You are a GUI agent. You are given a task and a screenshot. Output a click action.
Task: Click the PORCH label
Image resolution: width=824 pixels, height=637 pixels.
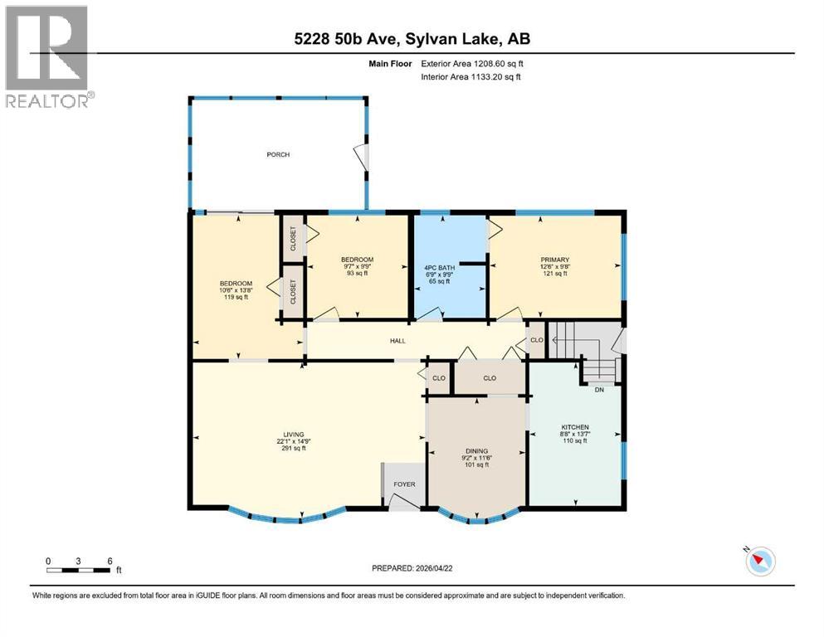coord(278,155)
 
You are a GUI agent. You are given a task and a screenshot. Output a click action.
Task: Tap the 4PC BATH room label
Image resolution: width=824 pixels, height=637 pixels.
coord(436,266)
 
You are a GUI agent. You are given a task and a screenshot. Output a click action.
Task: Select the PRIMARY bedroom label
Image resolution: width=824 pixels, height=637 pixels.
coord(554,260)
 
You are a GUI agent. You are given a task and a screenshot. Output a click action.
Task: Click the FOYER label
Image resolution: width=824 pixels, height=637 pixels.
coord(404,484)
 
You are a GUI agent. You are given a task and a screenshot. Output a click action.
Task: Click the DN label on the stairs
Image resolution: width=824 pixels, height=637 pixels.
coord(600,388)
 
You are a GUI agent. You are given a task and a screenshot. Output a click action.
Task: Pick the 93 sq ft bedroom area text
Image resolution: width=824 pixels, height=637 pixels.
coord(358,274)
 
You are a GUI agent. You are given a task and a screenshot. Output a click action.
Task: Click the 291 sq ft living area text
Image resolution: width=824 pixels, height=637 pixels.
coord(293,449)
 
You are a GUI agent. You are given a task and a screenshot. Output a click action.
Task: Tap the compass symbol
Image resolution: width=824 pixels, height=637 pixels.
coord(758,562)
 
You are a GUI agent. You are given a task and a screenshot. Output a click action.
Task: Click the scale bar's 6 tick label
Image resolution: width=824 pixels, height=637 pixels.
coord(110,560)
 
